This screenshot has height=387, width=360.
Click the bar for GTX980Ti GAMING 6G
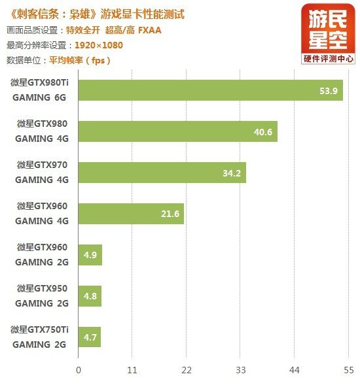(x=210, y=90)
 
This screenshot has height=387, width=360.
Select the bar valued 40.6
(x=177, y=131)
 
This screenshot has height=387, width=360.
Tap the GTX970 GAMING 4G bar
(x=162, y=173)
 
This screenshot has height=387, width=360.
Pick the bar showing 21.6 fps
(x=131, y=214)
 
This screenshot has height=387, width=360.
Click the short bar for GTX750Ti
(x=90, y=337)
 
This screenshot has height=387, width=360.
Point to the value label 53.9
(x=328, y=91)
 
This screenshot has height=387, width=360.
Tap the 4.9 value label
(x=90, y=255)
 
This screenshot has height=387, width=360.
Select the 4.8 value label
(x=90, y=296)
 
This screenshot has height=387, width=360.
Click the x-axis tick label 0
(x=79, y=370)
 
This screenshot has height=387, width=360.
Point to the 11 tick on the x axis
(x=132, y=370)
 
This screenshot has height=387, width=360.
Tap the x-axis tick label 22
(x=187, y=370)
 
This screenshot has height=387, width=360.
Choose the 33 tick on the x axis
(x=240, y=370)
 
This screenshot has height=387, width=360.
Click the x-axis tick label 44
(x=295, y=370)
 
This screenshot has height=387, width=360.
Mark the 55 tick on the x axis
(x=348, y=370)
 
